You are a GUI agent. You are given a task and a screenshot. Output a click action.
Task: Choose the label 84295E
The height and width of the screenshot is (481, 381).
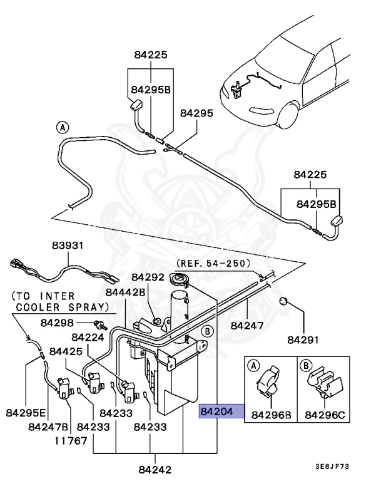click(26, 413)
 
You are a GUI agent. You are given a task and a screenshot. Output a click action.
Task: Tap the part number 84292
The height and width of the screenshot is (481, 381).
click(148, 276)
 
